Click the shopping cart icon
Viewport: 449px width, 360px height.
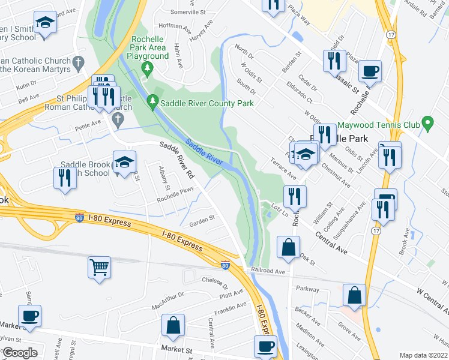[99, 267]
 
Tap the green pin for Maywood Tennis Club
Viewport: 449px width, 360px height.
[427, 125]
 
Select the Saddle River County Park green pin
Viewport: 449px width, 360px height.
[153, 103]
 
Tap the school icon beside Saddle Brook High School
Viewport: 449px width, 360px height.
[125, 163]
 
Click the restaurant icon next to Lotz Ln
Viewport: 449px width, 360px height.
[295, 196]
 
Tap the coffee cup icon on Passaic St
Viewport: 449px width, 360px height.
[370, 71]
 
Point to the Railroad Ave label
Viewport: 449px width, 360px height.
[268, 271]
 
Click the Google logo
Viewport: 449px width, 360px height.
[20, 353]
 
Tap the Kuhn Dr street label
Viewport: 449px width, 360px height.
[26, 85]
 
